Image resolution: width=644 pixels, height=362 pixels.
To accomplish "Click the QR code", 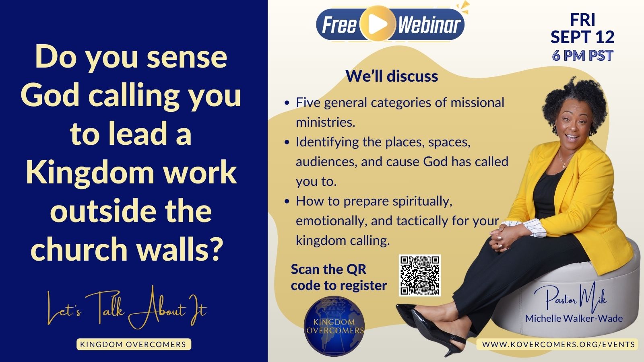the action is [x=420, y=275].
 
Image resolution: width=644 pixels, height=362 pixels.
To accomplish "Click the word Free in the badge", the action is [x=340, y=25].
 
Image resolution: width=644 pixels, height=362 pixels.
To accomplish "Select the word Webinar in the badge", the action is [x=429, y=25].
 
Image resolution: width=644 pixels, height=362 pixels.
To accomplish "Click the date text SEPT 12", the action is [x=582, y=37].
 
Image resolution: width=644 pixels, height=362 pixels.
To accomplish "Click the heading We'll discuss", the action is [x=392, y=76].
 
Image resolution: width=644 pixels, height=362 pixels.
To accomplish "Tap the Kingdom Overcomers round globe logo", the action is [x=334, y=326].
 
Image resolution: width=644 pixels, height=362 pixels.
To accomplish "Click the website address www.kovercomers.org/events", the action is [x=558, y=344].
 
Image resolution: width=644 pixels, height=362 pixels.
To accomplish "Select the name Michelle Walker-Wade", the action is [x=574, y=318].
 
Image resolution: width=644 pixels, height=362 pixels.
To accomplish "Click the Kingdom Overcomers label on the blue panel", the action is [x=133, y=344].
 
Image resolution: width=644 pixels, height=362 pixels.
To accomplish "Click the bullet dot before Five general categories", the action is [x=286, y=103].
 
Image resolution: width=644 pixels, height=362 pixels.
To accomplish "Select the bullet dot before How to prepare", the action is [x=286, y=202].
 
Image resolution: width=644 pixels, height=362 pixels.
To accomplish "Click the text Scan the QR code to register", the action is [x=339, y=277].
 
